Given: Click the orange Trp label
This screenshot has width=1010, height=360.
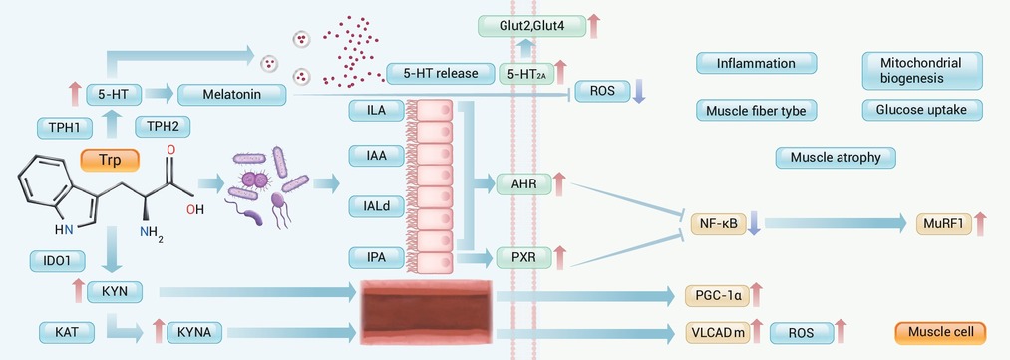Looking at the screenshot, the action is (110, 161).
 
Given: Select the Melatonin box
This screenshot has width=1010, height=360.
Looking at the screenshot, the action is (232, 95).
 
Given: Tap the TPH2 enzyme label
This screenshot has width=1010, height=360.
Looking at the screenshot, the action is (163, 127).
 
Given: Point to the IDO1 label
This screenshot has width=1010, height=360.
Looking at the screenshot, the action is (58, 261).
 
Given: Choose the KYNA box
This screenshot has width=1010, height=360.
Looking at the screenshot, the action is (194, 333).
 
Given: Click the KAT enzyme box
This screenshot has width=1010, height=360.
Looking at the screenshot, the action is (67, 333).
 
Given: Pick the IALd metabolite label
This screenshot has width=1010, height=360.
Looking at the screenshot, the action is (376, 206).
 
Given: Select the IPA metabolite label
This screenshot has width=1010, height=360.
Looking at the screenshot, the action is (376, 258).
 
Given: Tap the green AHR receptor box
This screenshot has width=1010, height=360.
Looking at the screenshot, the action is (524, 183).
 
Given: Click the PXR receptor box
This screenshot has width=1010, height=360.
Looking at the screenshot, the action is (524, 258).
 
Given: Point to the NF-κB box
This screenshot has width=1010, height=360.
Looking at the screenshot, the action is (718, 224).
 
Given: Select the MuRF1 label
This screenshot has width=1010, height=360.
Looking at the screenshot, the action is (943, 224).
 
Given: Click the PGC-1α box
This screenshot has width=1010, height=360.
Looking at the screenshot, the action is (718, 296).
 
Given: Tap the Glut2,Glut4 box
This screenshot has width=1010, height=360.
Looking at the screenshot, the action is (532, 26).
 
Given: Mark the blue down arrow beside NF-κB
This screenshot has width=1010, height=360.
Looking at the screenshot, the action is (755, 222).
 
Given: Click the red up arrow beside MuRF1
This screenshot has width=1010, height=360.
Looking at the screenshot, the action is (980, 224).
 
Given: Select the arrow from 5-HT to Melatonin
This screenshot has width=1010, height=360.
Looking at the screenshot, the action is (160, 94).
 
